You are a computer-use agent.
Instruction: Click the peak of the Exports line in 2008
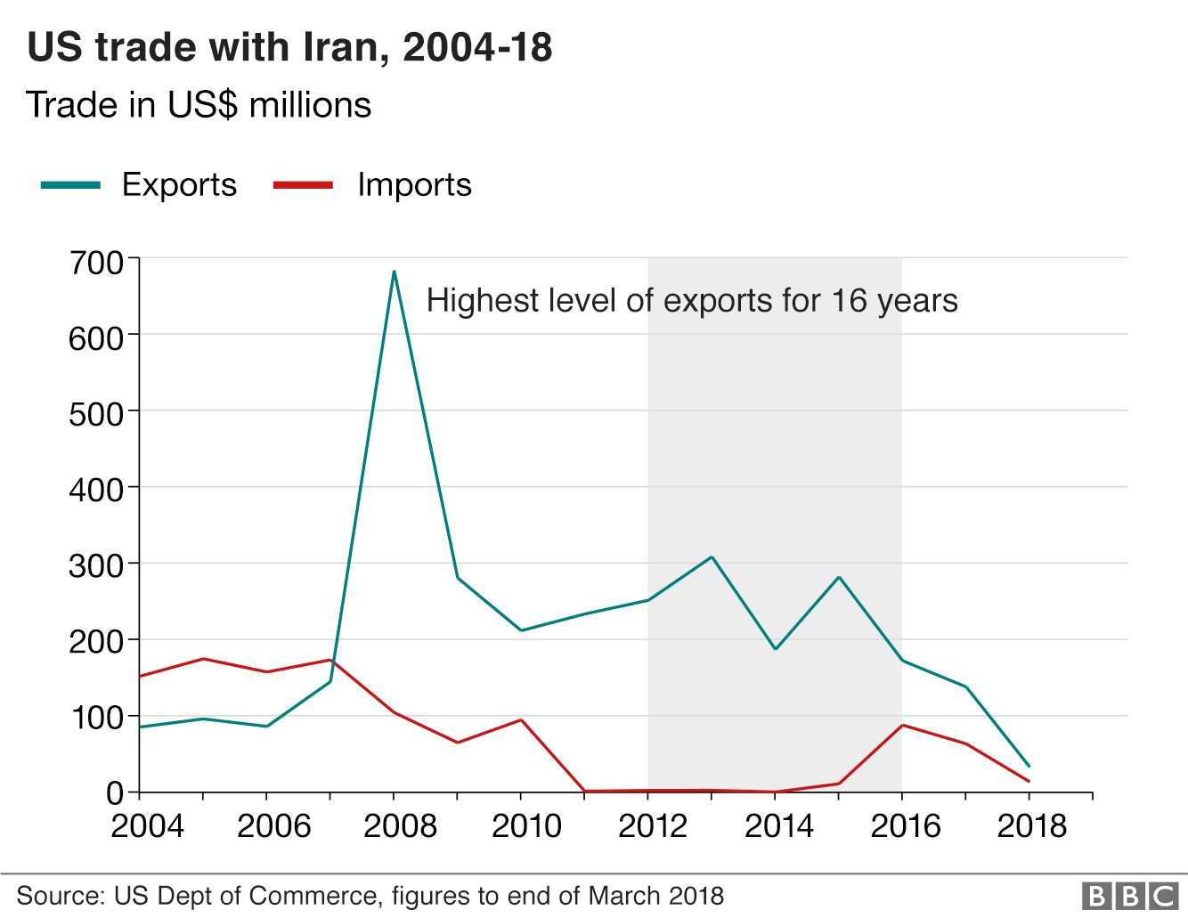point(394,272)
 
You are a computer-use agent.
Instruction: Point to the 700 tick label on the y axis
point(97,263)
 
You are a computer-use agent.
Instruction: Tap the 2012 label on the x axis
point(653,826)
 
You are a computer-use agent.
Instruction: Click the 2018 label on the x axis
point(1031,826)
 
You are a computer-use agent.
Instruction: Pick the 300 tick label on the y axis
point(97,566)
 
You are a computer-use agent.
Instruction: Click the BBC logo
point(1129,895)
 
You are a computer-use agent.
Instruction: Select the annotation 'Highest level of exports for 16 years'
point(692,301)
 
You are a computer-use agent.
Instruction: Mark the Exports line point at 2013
point(712,557)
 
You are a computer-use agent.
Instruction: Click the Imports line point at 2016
point(902,725)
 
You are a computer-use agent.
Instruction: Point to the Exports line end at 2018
point(1029,766)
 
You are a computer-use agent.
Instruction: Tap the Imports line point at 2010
point(521,719)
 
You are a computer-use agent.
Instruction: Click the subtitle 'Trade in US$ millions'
point(199,105)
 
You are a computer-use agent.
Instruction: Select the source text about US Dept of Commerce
point(370,896)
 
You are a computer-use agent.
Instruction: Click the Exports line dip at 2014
point(775,649)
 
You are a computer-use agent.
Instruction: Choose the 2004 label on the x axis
point(147,826)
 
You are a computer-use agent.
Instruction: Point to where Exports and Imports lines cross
point(334,662)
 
